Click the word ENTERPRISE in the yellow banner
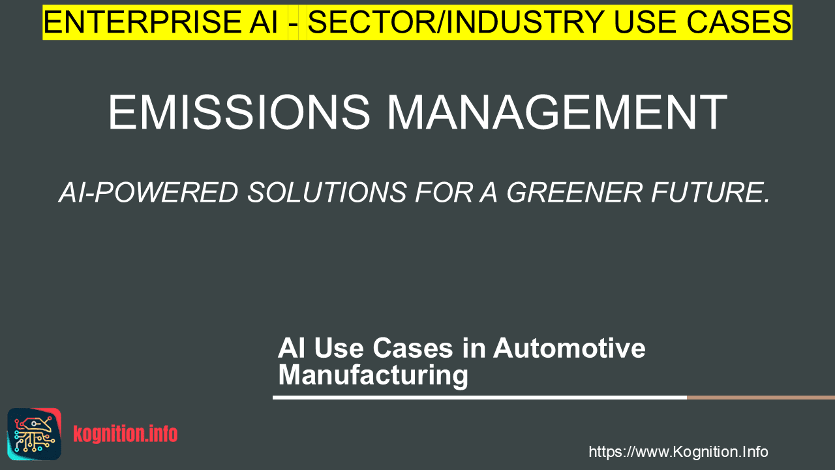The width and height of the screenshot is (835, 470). pos(142,22)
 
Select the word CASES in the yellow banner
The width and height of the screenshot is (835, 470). pos(738,22)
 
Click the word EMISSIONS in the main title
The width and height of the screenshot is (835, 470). pos(239,112)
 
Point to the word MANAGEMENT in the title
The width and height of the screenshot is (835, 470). pos(557,112)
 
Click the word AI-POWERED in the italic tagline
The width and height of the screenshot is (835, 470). pos(148,193)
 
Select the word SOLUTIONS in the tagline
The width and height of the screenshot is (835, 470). pos(327,193)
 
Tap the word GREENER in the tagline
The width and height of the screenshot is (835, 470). pos(574,193)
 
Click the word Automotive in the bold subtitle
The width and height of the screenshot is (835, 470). pos(569,348)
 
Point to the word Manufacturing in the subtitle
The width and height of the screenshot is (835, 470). pos(373,375)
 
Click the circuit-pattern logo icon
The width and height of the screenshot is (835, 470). pos(35,434)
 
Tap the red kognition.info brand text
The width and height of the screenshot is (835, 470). pos(125,434)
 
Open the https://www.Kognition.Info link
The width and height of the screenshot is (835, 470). pos(678,452)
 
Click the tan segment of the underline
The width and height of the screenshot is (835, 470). pos(761,398)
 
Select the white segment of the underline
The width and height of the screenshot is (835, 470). pos(479,398)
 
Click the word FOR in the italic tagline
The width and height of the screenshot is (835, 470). pos(444,193)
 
